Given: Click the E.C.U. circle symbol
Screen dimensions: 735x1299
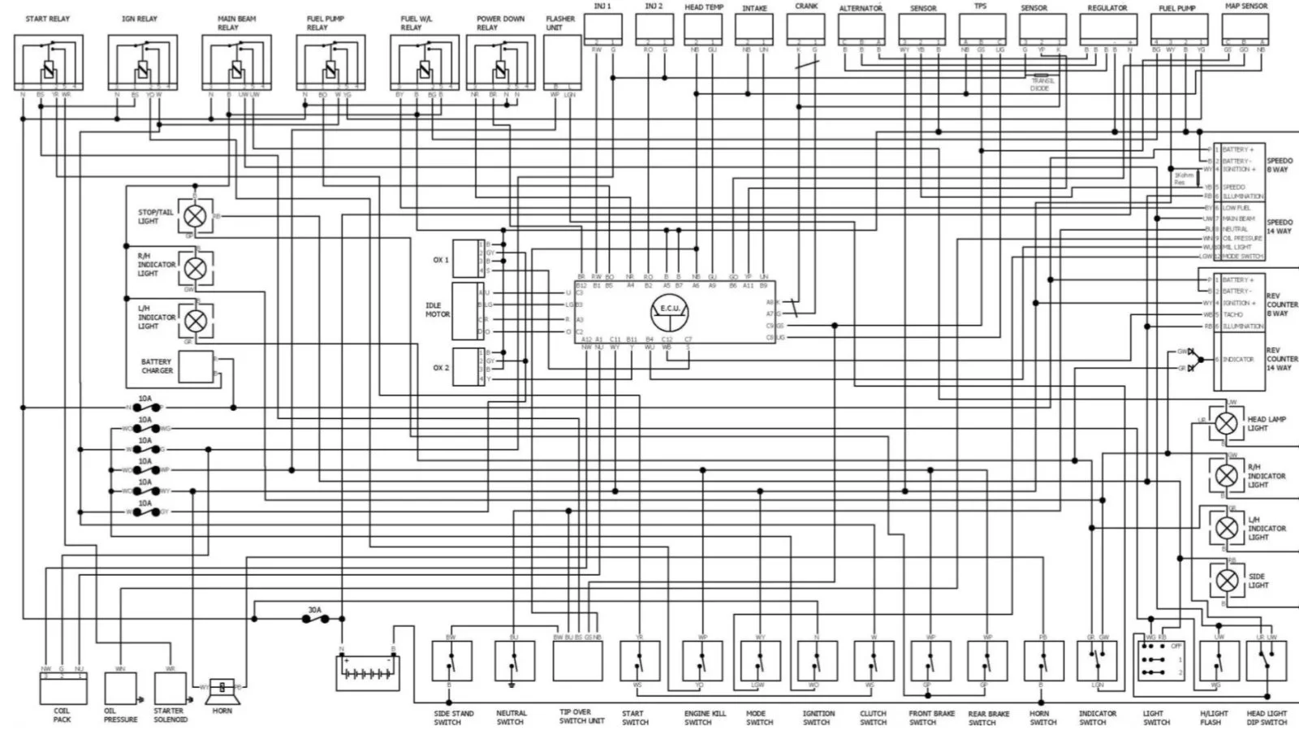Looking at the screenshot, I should click(670, 309).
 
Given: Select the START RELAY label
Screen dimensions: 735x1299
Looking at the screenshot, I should click(47, 19).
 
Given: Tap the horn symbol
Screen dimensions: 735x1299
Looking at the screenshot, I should click(222, 690).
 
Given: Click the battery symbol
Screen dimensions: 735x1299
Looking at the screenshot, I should click(368, 672).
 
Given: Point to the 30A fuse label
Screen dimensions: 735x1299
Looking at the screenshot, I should click(314, 609).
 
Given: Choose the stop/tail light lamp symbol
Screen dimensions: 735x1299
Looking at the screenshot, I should click(195, 215).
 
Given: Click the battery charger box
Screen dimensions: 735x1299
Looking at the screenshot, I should click(196, 367).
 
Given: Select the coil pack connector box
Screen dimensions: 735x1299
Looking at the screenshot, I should click(63, 689).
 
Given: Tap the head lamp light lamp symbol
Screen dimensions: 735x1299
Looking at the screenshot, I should click(1226, 423).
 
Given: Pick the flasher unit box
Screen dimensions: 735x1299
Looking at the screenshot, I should click(562, 61).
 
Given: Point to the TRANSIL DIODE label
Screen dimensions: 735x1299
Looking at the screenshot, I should click(1042, 84).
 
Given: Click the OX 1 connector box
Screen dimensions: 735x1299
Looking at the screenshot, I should click(468, 258).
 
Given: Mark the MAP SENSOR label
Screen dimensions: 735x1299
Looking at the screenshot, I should click(1245, 6).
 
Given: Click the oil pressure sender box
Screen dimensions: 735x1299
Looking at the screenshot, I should click(120, 689).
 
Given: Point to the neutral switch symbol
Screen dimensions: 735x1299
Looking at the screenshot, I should click(514, 661).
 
